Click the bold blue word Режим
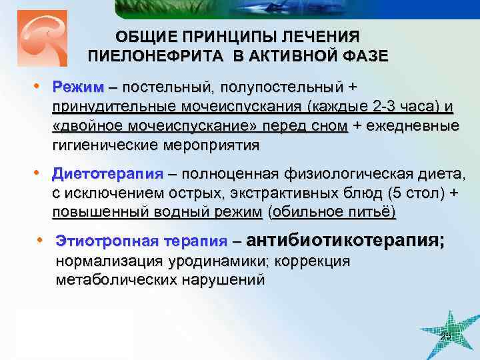click(79, 88)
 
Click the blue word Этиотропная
click(101, 241)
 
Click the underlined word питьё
click(373, 212)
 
